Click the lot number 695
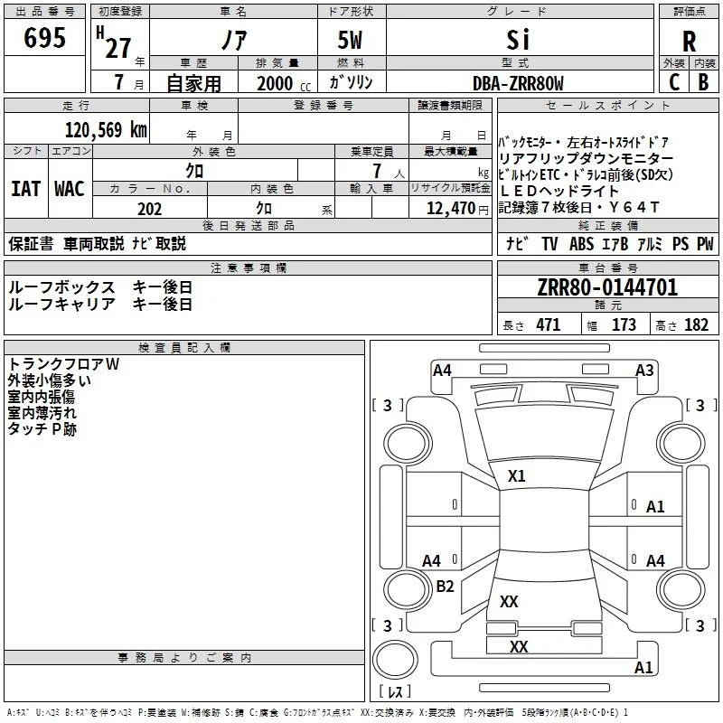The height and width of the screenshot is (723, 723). pos(44,37)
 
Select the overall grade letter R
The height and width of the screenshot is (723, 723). pos(689,42)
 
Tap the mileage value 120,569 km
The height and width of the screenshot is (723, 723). pos(106,130)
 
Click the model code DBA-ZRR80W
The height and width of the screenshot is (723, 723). pos(518,83)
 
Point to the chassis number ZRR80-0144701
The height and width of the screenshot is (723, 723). pos(607,287)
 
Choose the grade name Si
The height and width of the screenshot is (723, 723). pos(518,40)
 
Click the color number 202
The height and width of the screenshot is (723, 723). pos(149,209)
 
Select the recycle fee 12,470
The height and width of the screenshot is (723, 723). pos(451,209)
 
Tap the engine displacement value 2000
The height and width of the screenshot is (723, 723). pos(275,83)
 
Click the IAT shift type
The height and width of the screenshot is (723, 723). pos(25,189)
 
